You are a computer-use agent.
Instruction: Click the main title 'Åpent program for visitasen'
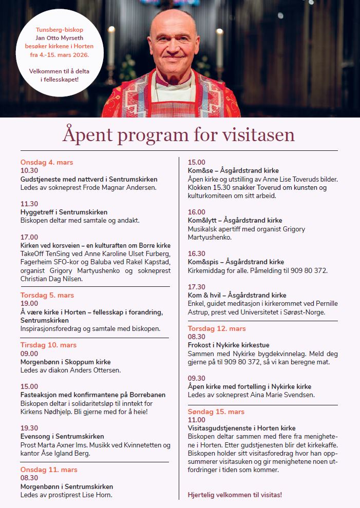179,134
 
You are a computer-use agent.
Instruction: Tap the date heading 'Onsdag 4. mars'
47,162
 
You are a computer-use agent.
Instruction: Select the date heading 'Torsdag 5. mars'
47,295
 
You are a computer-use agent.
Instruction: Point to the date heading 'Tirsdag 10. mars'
48,345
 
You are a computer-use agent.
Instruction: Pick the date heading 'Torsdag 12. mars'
217,328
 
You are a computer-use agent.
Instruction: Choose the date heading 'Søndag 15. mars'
216,412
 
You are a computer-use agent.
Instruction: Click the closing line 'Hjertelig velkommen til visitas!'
235,495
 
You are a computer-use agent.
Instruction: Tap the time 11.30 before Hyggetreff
29,204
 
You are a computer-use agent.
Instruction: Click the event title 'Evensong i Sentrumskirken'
62,437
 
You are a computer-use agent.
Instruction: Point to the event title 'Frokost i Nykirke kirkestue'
229,345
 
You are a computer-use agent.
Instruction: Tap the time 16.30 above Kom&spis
197,253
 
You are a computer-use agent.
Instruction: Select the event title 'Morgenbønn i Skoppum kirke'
65,362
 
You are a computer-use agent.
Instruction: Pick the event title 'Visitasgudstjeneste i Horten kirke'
241,428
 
